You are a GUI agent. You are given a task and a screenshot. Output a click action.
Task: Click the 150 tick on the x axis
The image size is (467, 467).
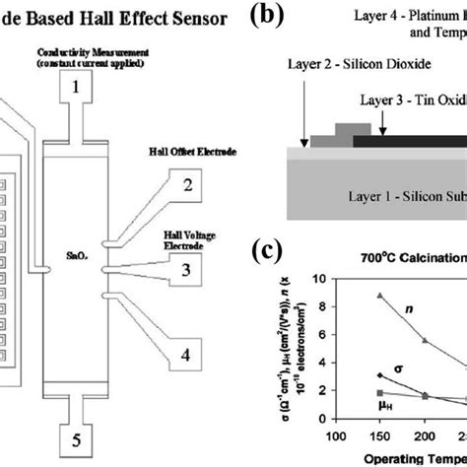point(378,434)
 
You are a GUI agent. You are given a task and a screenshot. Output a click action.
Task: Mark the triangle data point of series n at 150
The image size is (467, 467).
point(379,296)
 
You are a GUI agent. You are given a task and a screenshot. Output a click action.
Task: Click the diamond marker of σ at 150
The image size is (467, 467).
point(379,375)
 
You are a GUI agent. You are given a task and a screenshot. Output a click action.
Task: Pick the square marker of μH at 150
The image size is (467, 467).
point(379,392)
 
